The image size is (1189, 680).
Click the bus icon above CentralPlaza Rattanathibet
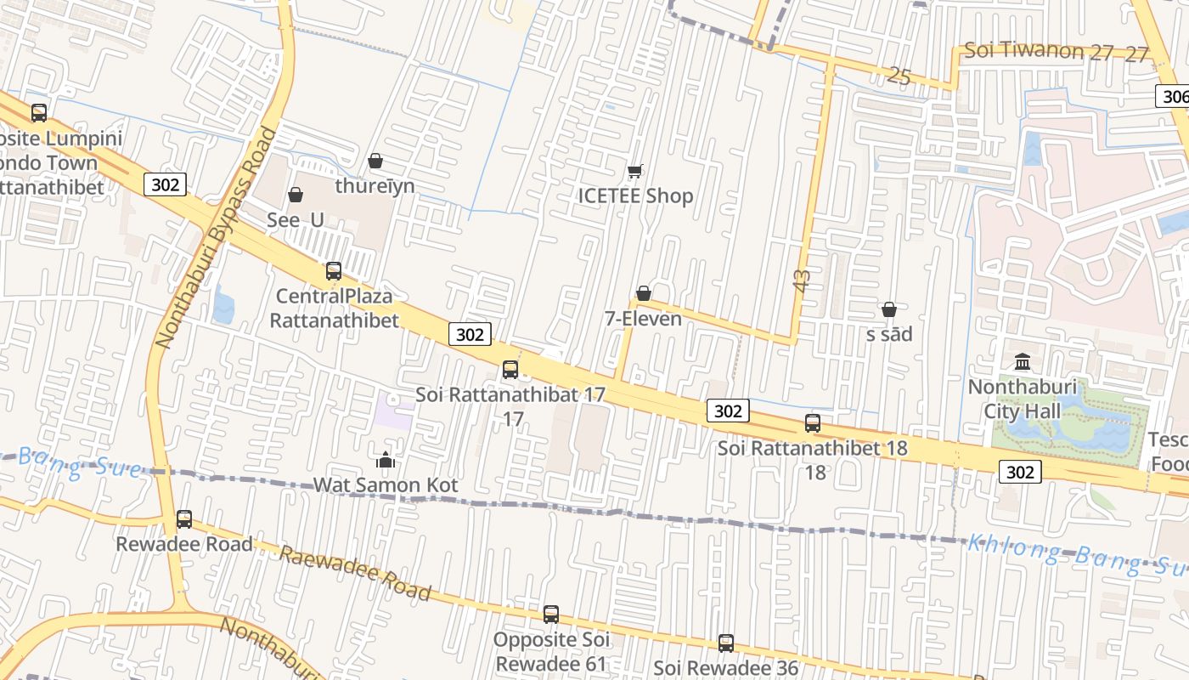pyautogui.click(x=334, y=271)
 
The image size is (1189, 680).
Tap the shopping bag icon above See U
pyautogui.click(x=296, y=195)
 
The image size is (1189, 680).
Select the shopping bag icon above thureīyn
pyautogui.click(x=375, y=161)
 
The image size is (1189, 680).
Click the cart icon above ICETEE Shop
pyautogui.click(x=634, y=171)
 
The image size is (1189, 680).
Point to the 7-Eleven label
pyautogui.click(x=643, y=319)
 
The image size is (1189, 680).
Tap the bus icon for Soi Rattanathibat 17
pyautogui.click(x=510, y=370)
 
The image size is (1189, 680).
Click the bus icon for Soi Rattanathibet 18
pyautogui.click(x=813, y=422)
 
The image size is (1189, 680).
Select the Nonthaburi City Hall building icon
pyautogui.click(x=1023, y=362)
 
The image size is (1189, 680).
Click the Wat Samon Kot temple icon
pyautogui.click(x=386, y=460)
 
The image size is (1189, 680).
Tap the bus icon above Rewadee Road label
pyautogui.click(x=184, y=518)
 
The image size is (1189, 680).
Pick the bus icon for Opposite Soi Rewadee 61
pyautogui.click(x=551, y=614)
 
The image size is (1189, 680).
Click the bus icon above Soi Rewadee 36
pyautogui.click(x=726, y=643)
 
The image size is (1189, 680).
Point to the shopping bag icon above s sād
pyautogui.click(x=889, y=309)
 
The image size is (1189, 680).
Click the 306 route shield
pyautogui.click(x=1174, y=96)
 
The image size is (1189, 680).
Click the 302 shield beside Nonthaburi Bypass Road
pyautogui.click(x=165, y=184)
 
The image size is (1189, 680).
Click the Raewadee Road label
pyautogui.click(x=355, y=573)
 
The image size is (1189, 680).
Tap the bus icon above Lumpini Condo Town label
pyautogui.click(x=39, y=112)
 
